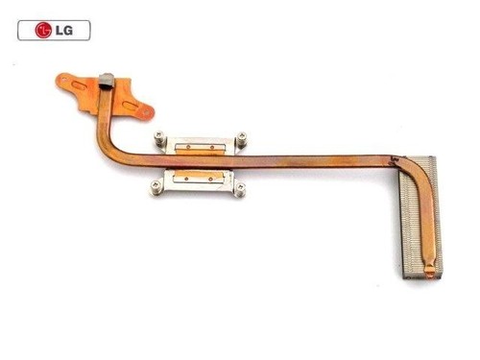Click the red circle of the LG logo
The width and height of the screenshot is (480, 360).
(43, 31)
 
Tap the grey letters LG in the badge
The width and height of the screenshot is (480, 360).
(64, 31)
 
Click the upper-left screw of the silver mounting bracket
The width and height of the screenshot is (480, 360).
(159, 136)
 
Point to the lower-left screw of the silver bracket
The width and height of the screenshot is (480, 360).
(156, 184)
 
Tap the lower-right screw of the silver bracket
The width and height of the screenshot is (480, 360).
(240, 187)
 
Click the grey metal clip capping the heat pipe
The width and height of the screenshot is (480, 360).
(107, 81)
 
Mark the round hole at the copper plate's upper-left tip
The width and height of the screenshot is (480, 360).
(63, 78)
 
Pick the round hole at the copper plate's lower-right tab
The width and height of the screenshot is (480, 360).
(147, 112)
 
